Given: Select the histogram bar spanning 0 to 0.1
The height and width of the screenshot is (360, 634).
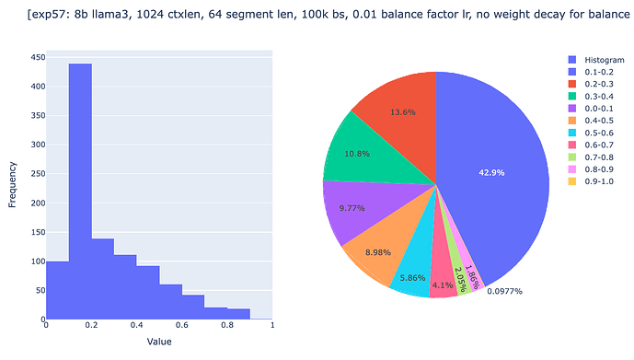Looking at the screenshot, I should pyautogui.click(x=57, y=290).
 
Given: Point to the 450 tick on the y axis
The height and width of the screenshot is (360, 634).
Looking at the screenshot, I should pyautogui.click(x=37, y=58).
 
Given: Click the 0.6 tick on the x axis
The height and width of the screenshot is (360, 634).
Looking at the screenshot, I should pyautogui.click(x=181, y=325).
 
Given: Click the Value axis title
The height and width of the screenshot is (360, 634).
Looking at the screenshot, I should pyautogui.click(x=159, y=342).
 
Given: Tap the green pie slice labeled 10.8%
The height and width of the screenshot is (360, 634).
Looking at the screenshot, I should pyautogui.click(x=356, y=151).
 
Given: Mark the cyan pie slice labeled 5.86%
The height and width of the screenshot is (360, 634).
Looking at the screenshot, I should pyautogui.click(x=411, y=277).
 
